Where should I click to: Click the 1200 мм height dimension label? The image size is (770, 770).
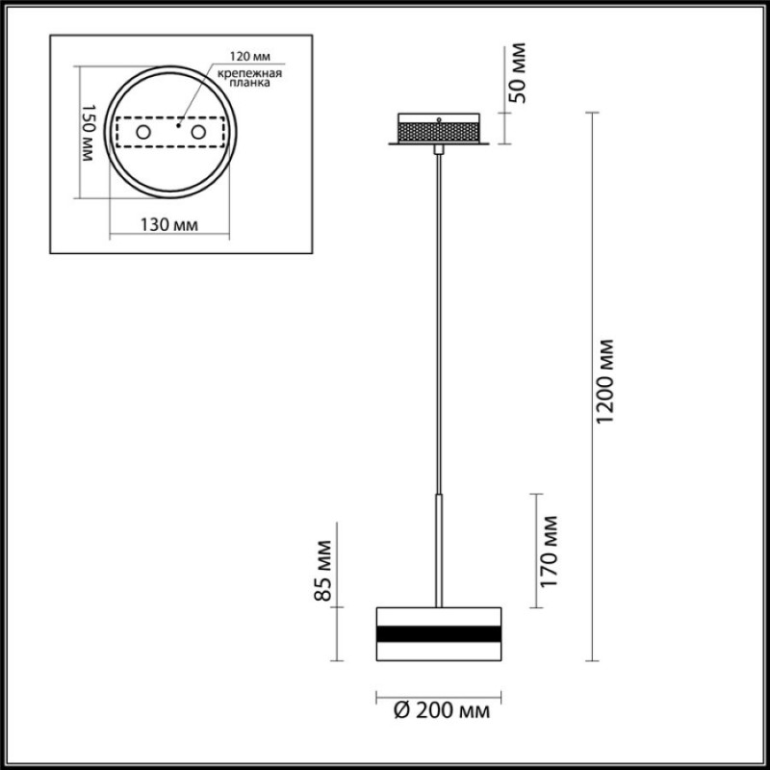point(603,380)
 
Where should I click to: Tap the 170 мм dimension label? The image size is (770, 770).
point(548,551)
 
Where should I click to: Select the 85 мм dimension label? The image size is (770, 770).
point(323,571)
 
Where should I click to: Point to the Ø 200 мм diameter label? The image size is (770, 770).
point(442,710)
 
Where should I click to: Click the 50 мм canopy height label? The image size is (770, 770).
point(517,73)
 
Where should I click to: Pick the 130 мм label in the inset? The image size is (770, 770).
point(169,225)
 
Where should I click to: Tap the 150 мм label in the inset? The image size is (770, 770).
point(88,133)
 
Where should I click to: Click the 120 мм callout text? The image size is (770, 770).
point(250,57)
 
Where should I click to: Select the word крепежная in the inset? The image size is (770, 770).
point(250,74)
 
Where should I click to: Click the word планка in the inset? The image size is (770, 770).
point(250,83)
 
